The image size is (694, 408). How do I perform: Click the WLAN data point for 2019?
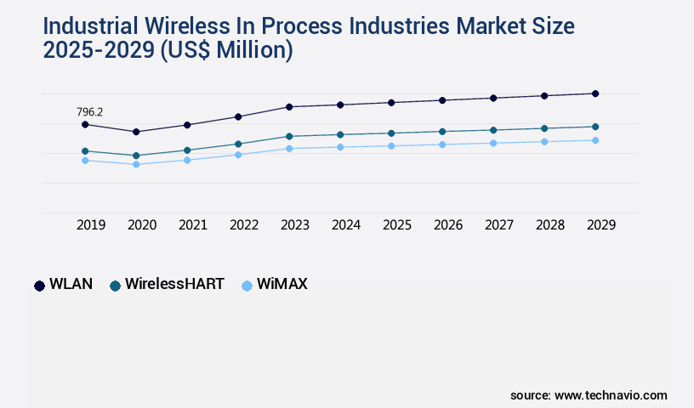point(85,125)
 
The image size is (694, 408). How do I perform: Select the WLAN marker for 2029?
point(595,93)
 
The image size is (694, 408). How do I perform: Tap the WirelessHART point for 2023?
point(289,136)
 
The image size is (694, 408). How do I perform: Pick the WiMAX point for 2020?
point(136,164)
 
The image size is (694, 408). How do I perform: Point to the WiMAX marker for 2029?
point(595,140)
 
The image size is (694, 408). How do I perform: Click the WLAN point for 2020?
point(136,132)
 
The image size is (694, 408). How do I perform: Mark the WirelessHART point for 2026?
point(442,132)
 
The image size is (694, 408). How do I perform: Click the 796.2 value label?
point(90,111)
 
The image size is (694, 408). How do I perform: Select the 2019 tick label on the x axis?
point(91,225)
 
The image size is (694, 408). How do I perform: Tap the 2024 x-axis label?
point(346,225)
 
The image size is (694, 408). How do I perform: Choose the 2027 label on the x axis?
point(499,225)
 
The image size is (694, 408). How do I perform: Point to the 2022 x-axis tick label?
point(244,225)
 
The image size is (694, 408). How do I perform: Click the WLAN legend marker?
point(39,286)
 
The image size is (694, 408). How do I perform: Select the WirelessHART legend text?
point(174,285)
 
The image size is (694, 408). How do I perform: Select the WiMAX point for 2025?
point(391,146)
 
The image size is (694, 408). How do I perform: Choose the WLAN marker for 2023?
point(289,107)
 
